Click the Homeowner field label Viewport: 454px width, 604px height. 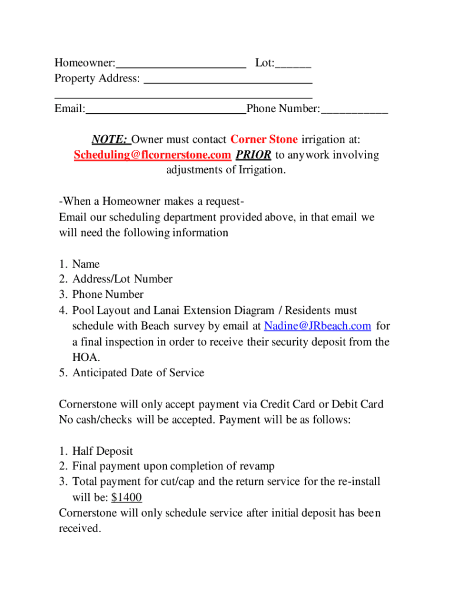coord(84,63)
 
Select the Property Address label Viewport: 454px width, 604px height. coord(97,78)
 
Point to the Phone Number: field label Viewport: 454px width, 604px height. coord(284,109)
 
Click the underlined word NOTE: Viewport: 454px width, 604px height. coord(110,140)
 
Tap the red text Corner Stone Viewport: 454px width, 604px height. coord(264,140)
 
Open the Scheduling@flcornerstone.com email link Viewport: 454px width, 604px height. coord(152,155)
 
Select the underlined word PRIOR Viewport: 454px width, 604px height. coord(254,155)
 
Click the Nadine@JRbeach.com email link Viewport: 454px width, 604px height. coord(317,326)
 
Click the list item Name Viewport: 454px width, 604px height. coord(86,264)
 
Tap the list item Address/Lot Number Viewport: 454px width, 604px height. coord(122,279)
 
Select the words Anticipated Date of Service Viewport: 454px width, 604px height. coord(138,373)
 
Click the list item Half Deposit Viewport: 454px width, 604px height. coord(103,451)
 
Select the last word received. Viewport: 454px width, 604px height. coord(79,528)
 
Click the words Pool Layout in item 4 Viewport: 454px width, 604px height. coord(96,310)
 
